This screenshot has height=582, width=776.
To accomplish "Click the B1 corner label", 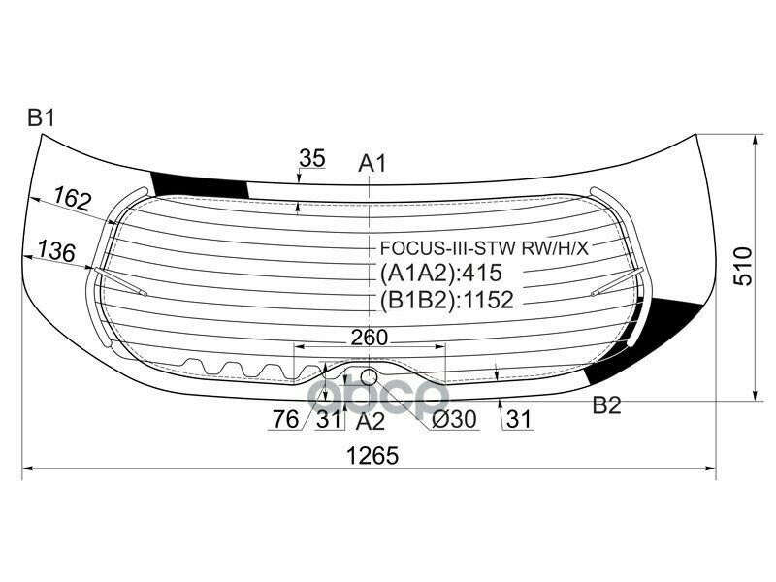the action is click(41, 118).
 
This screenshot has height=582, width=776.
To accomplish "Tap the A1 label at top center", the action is click(372, 163).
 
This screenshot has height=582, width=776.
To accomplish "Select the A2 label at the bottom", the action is click(370, 421).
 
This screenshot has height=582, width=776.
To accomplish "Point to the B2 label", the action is click(607, 405).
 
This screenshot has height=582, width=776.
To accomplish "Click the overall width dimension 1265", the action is click(372, 456).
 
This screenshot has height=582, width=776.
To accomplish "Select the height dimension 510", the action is click(743, 266).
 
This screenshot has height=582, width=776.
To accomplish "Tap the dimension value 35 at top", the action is click(312, 158).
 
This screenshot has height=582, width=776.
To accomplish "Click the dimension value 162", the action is click(74, 198).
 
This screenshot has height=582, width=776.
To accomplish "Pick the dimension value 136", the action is click(56, 251).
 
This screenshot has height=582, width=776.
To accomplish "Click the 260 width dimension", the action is click(370, 338).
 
